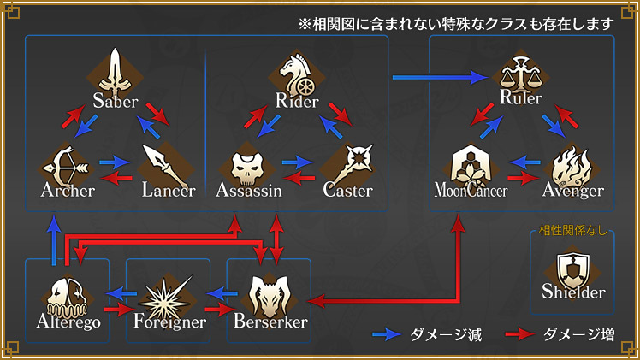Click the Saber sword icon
point(115,70)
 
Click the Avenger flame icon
point(569,162)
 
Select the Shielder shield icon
point(573,271)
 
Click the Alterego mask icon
point(67,295)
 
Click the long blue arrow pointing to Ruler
point(437,78)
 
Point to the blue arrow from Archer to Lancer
point(113,160)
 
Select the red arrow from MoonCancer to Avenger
point(520,178)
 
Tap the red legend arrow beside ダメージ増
point(521,333)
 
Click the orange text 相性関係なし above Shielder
point(572,230)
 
